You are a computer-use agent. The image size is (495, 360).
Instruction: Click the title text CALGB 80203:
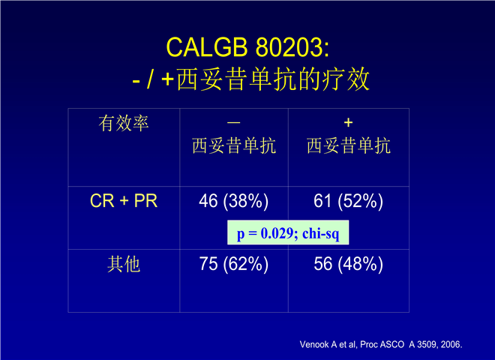[x=247, y=47]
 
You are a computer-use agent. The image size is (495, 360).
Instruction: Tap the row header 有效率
[x=124, y=123]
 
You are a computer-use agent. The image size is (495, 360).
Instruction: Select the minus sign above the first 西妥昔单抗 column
[x=233, y=122]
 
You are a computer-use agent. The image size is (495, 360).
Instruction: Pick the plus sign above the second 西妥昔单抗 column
[x=348, y=122]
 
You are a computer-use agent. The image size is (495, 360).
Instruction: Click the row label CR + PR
[x=124, y=200]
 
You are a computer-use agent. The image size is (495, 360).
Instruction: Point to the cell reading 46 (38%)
[x=233, y=201]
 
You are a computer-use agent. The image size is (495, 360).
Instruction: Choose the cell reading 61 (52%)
[x=348, y=201]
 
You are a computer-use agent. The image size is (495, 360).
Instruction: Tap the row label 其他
[x=124, y=264]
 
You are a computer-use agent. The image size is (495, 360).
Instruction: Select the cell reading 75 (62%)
[x=233, y=264]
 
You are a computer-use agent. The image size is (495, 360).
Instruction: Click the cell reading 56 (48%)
[x=348, y=264]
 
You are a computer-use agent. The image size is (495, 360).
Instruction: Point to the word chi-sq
[x=321, y=234]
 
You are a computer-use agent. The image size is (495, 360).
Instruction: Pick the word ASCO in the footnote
[x=392, y=344]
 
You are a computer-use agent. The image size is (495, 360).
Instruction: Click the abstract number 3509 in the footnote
[x=427, y=344]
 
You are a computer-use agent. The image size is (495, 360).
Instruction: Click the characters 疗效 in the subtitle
[x=346, y=79]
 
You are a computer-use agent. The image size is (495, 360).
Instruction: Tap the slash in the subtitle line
[x=151, y=79]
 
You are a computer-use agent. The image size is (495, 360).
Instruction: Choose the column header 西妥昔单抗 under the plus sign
[x=349, y=146]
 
